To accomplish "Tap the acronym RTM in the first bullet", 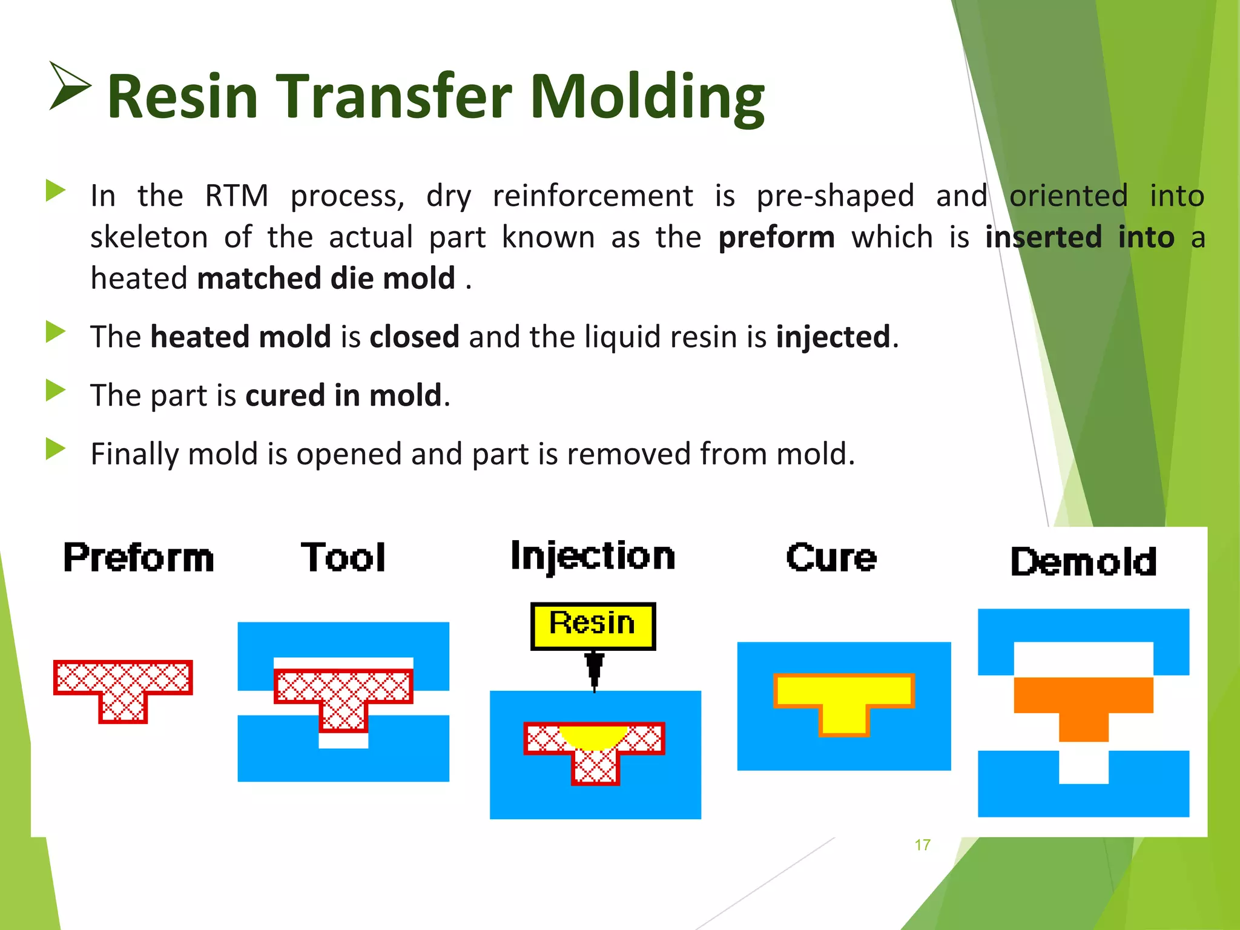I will point(236,196).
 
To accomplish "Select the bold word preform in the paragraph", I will point(776,237).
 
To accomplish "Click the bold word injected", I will point(833,337).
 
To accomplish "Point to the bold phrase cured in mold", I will point(343,395).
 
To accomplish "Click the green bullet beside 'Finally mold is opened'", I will point(55,449).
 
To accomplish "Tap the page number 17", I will point(922,845).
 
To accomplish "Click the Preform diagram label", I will point(139,558).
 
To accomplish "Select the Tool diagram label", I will point(343,558).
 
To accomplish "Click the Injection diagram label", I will point(592,556).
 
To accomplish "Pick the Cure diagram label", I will point(831,558).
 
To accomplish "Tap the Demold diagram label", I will point(1083,562).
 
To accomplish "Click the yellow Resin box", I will point(593,625).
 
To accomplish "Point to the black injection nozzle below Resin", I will point(595,669).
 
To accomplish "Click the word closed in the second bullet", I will point(414,337).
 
